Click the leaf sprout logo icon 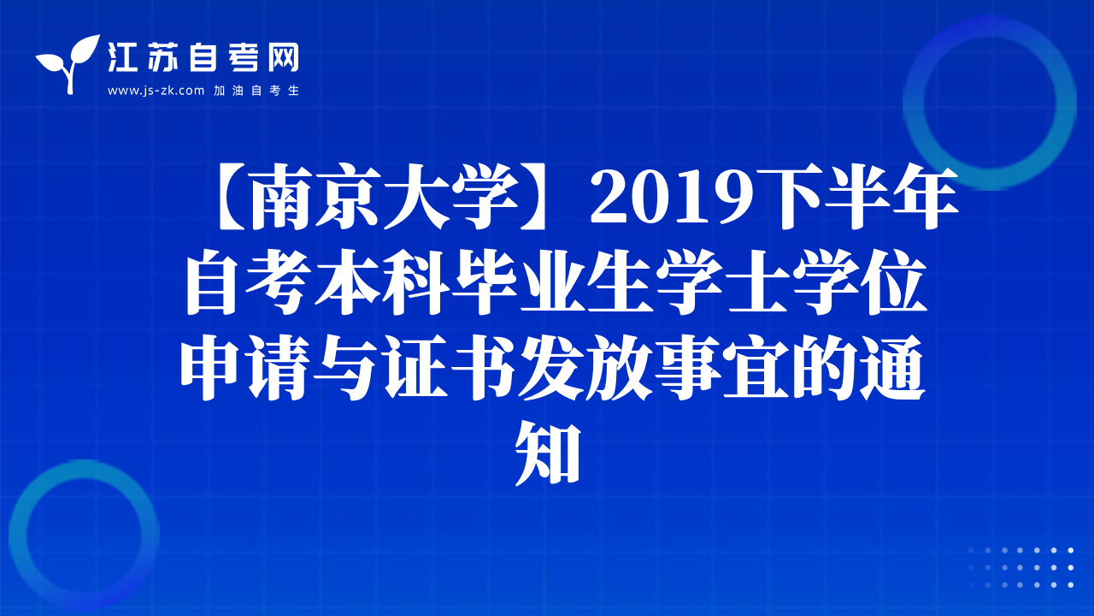pyautogui.click(x=68, y=64)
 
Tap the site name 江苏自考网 pyautogui.click(x=203, y=57)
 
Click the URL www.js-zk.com pyautogui.click(x=156, y=91)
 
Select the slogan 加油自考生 pyautogui.click(x=256, y=91)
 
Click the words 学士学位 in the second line pyautogui.click(x=791, y=281)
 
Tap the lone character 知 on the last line pyautogui.click(x=548, y=453)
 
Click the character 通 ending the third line pyautogui.click(x=891, y=367)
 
